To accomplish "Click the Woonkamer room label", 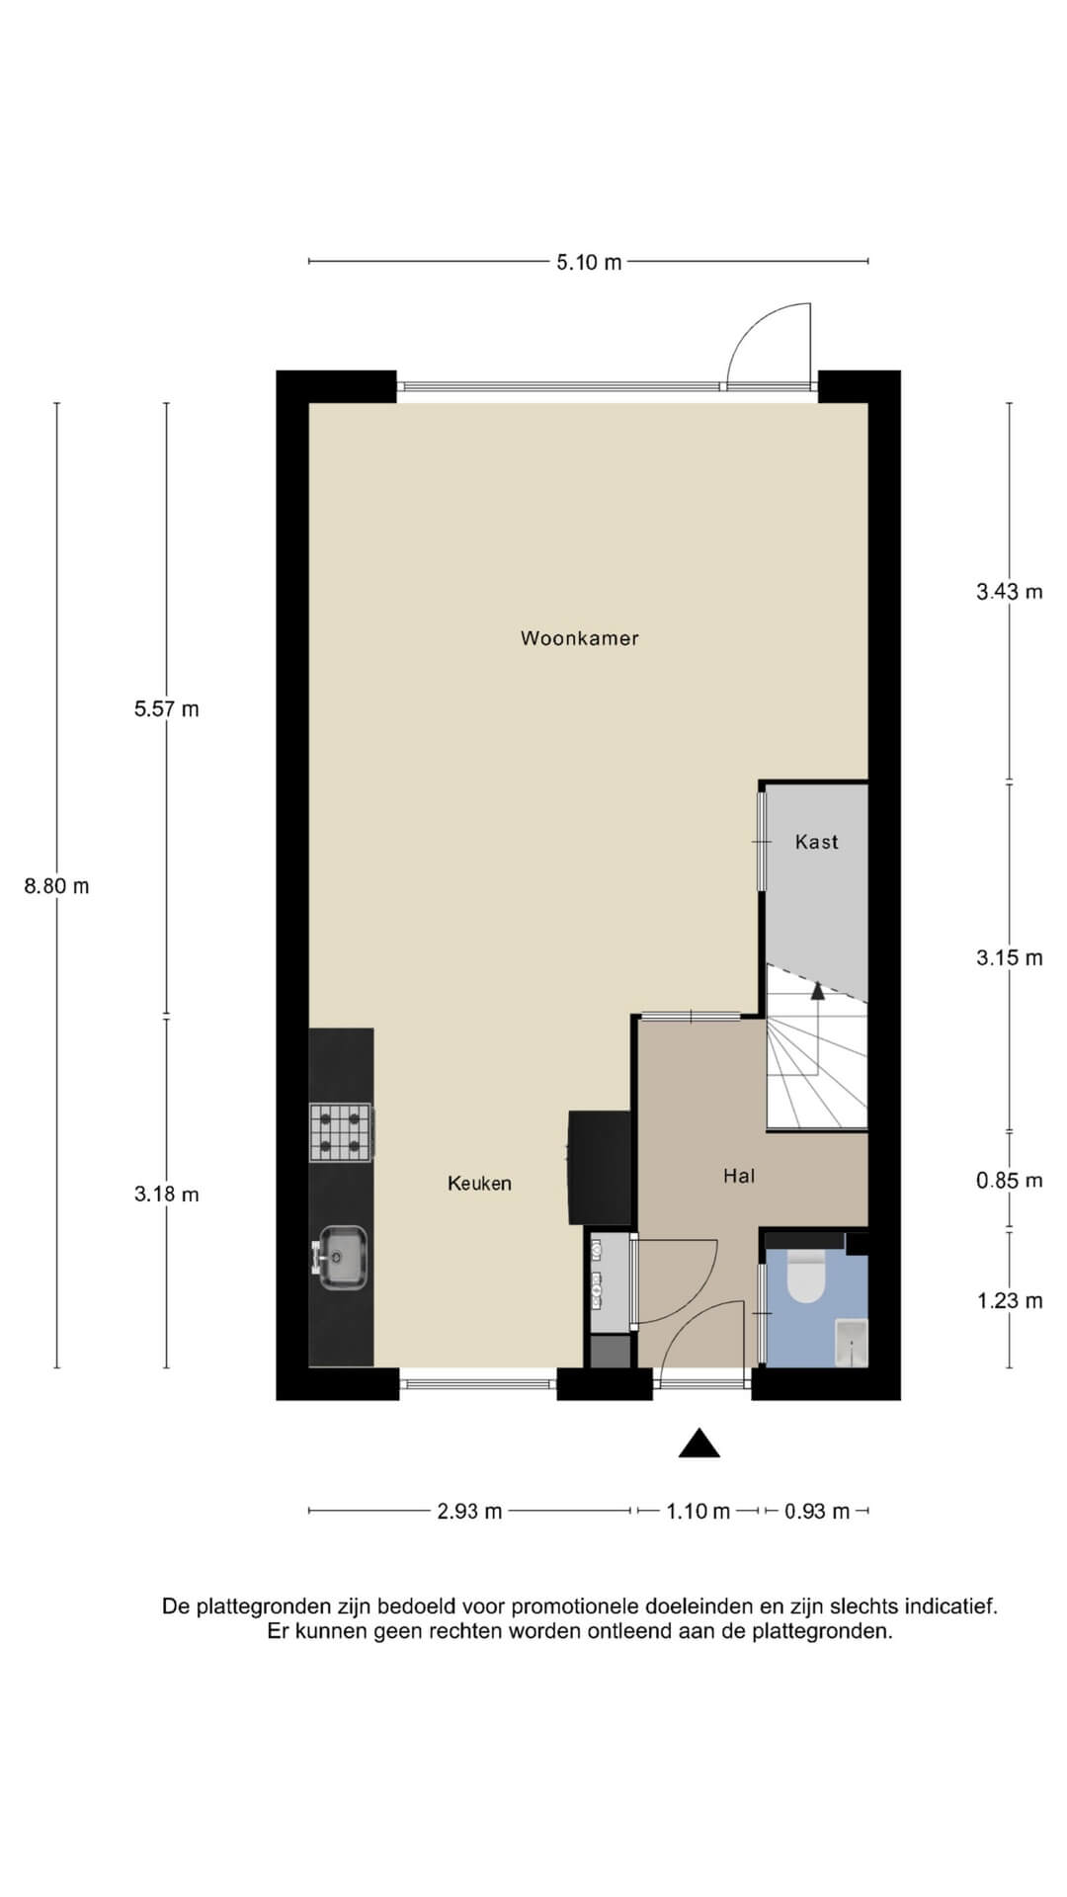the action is pos(580,638).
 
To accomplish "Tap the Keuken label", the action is pos(479,1184).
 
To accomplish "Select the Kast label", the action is pos(816,842).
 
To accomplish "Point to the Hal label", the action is pos(739,1176).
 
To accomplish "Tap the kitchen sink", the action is pos(342,1257).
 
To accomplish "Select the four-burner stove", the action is pos(341,1131).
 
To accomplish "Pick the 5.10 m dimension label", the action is pos(589,262).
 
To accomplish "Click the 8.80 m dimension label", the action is pos(56,886).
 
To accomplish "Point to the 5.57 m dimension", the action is pos(166,708).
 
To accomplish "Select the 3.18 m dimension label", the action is pos(166,1194).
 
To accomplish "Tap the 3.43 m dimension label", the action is pos(1010,592).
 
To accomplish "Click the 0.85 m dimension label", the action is pos(1010,1181).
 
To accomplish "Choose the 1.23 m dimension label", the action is pos(1010,1300).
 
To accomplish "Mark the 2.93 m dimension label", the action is pos(470,1511).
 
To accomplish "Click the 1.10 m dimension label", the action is pos(698,1511).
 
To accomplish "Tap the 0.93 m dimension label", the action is pos(817,1511).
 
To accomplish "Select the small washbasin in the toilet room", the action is pos(852,1342).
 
